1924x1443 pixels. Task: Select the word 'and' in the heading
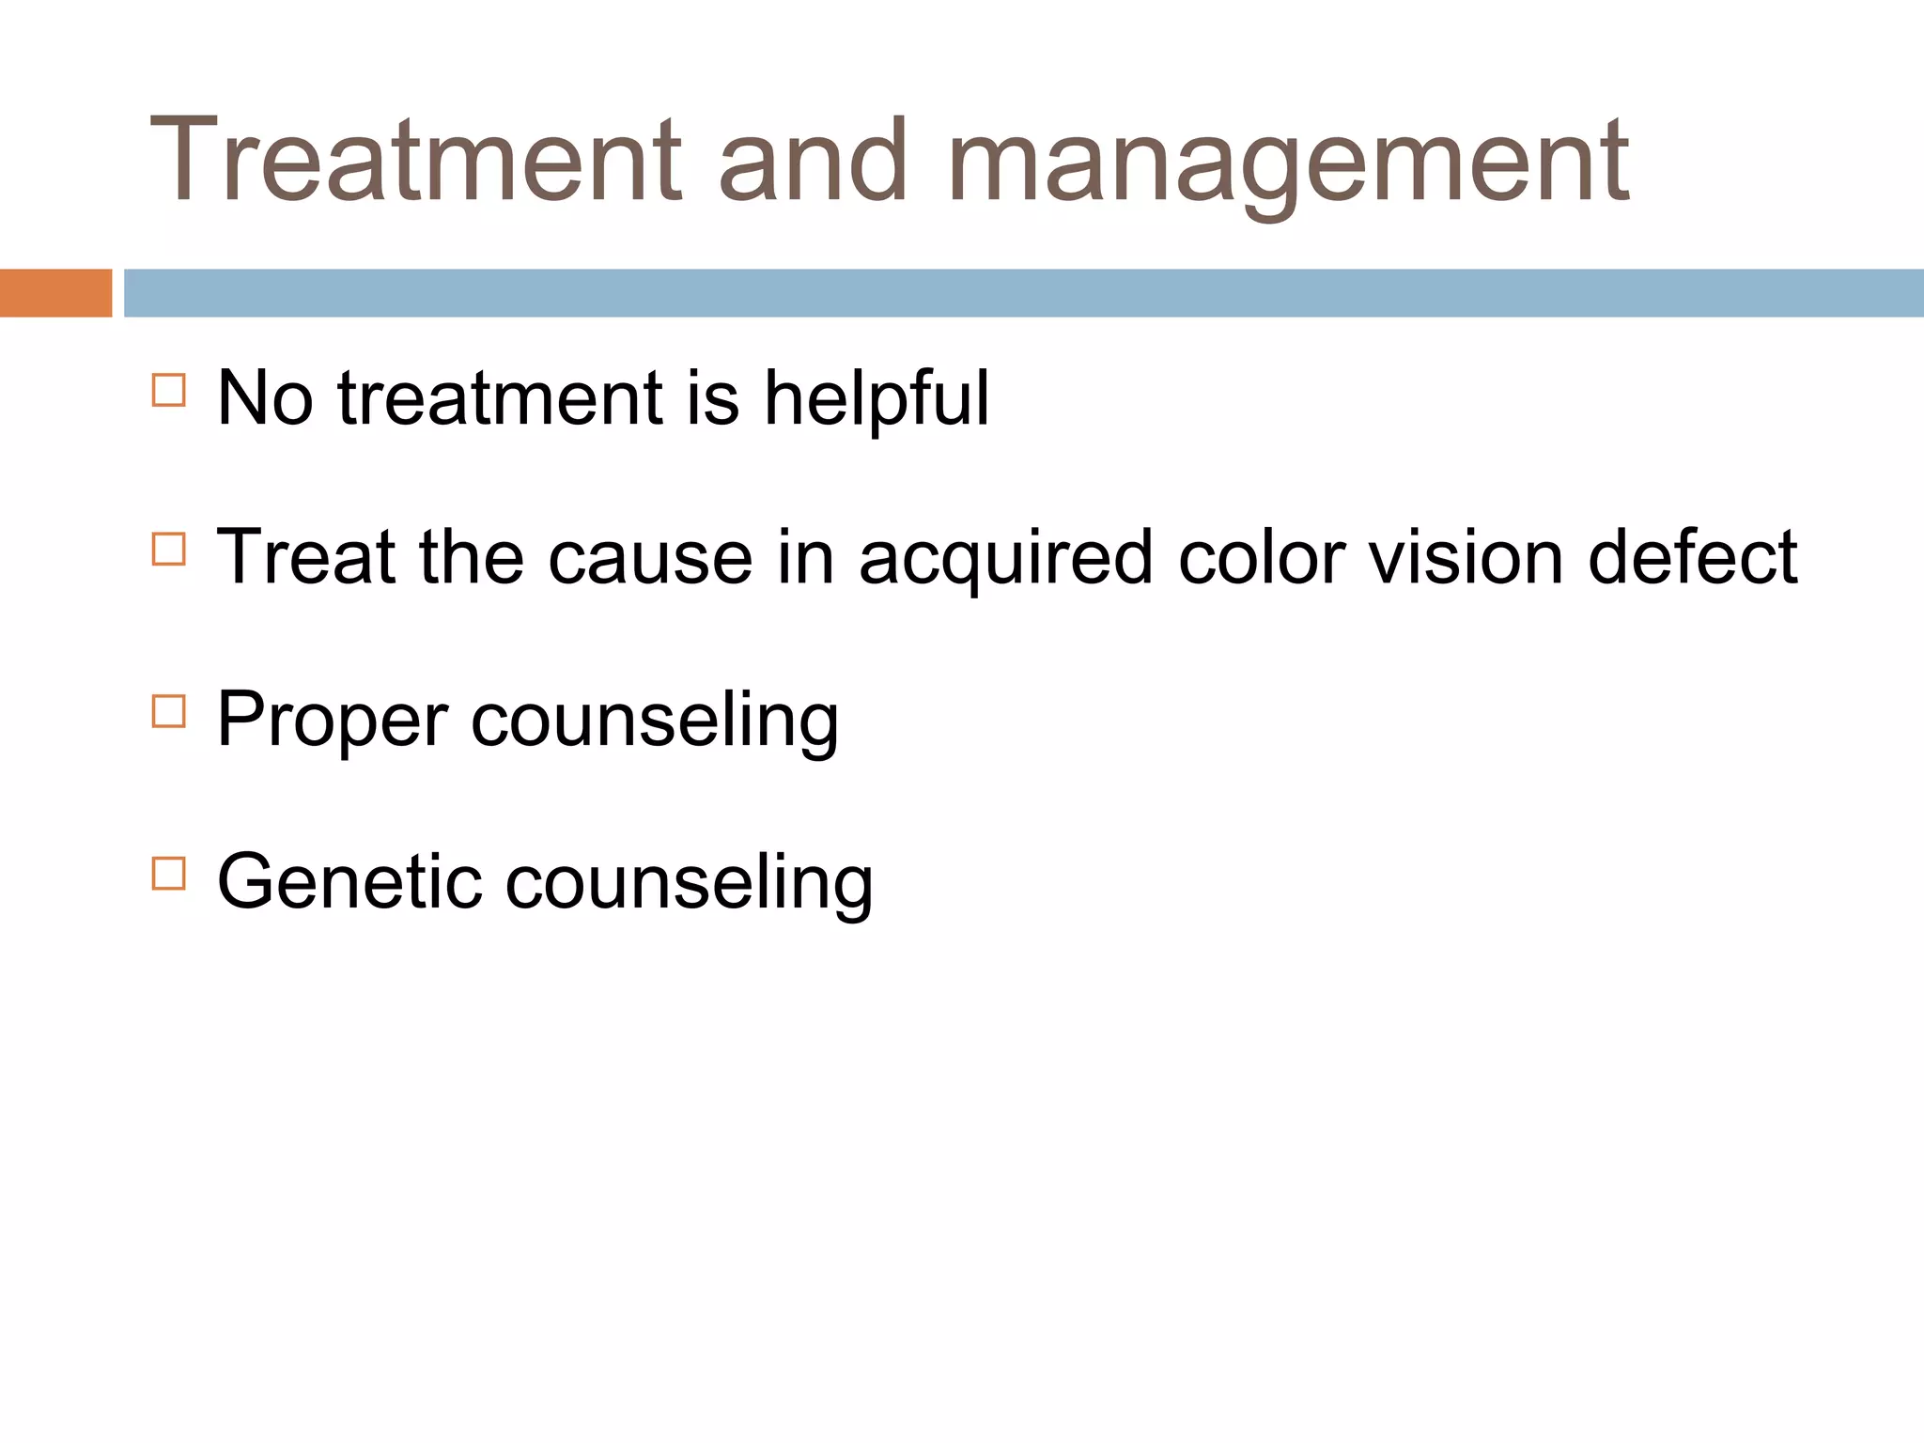tap(813, 160)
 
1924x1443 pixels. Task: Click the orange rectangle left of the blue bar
tap(55, 293)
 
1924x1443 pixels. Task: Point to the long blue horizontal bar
tap(1023, 293)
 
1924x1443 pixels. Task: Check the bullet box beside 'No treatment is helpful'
tap(169, 390)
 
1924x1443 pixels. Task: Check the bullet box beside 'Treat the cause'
tap(169, 549)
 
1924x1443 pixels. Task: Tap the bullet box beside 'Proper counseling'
tap(169, 711)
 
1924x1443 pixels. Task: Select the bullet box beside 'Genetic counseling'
tap(169, 873)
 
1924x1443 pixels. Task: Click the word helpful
tap(876, 398)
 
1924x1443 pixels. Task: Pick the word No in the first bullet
tap(265, 398)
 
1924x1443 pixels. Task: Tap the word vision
tap(1465, 558)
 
